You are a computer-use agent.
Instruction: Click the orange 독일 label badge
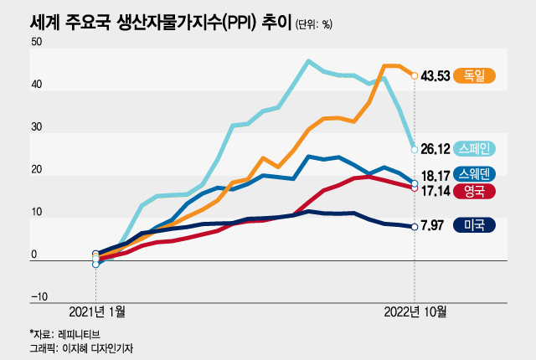pyautogui.click(x=476, y=75)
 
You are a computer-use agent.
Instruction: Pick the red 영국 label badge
pyautogui.click(x=476, y=191)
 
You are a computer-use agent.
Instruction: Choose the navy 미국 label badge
pyautogui.click(x=476, y=224)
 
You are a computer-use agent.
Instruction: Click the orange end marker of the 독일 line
pyautogui.click(x=415, y=75)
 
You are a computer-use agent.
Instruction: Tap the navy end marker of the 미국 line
pyautogui.click(x=415, y=227)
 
